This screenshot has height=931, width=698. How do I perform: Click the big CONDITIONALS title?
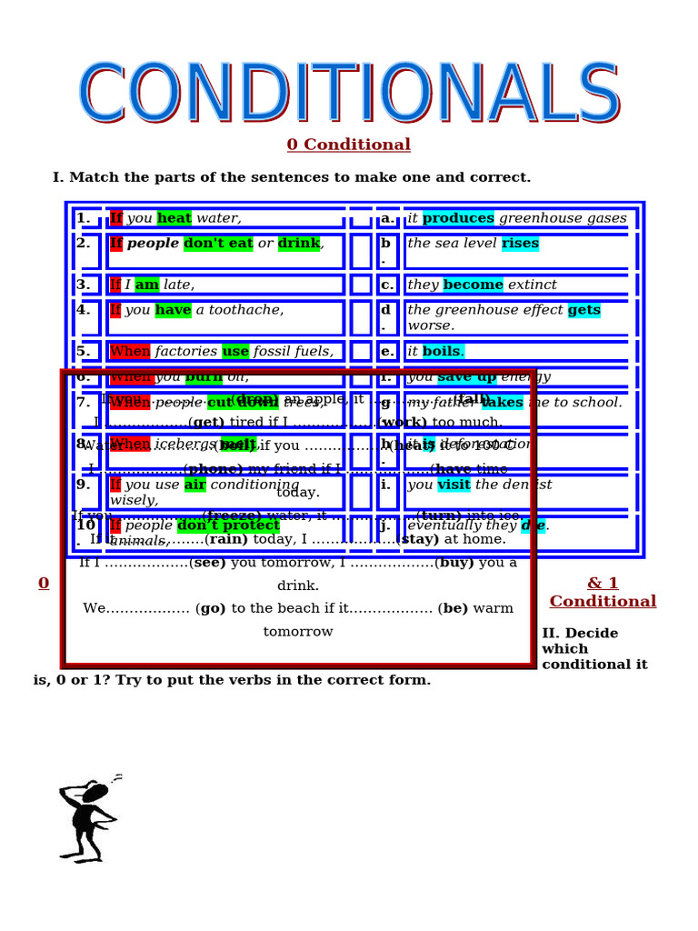[349, 94]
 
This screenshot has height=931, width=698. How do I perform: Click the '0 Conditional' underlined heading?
[348, 145]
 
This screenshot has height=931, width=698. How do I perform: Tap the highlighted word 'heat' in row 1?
[174, 218]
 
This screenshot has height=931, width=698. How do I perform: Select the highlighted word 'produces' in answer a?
[458, 218]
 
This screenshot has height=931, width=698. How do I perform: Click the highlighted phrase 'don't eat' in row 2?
[218, 244]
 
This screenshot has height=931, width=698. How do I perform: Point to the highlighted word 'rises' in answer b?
[520, 244]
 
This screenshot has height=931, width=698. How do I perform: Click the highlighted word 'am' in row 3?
[146, 285]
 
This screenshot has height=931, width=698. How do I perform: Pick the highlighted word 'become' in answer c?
[473, 285]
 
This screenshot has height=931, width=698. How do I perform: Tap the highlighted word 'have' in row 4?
[173, 310]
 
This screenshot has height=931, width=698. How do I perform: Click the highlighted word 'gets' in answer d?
[584, 310]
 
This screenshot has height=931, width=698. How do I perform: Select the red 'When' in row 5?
[130, 351]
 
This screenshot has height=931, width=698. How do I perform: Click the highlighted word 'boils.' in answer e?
[444, 351]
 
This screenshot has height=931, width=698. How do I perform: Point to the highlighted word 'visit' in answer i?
[454, 485]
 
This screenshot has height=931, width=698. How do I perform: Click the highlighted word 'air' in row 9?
[195, 485]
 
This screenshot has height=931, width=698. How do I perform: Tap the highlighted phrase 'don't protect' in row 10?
[228, 526]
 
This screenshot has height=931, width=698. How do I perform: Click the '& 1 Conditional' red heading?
[603, 592]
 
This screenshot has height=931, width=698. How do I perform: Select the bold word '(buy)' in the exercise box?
[456, 562]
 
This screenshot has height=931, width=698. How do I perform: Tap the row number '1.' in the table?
[83, 218]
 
